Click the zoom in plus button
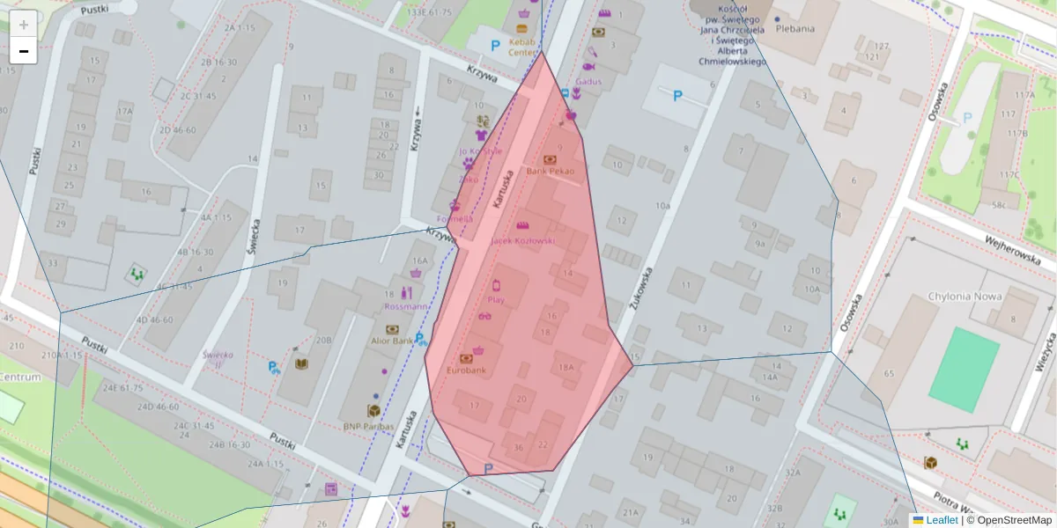(24, 24)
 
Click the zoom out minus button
(24, 51)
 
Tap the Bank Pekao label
(550, 171)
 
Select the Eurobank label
(466, 370)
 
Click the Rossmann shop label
(407, 306)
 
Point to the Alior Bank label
(392, 341)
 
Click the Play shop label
(496, 299)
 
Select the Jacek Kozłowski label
(523, 240)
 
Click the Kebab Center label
(522, 47)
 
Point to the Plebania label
(795, 28)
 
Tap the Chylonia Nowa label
(965, 297)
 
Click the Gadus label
(588, 81)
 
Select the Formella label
(455, 218)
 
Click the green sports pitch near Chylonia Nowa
(964, 370)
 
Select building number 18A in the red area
(566, 367)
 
